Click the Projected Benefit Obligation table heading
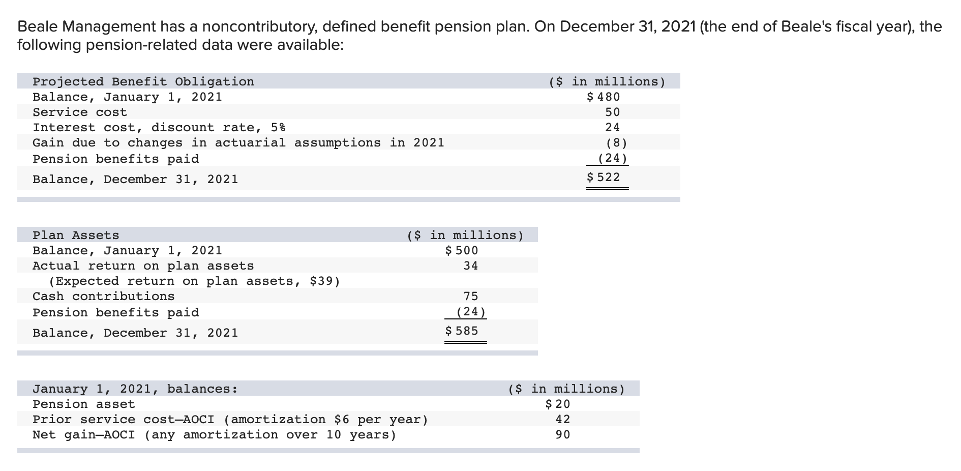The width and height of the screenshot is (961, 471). pyautogui.click(x=143, y=81)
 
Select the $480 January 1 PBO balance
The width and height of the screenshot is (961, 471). pyautogui.click(x=604, y=97)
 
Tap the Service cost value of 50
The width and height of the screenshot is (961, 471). pyautogui.click(x=612, y=112)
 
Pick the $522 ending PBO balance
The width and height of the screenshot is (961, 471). pyautogui.click(x=604, y=177)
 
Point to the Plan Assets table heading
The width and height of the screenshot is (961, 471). pyautogui.click(x=76, y=235)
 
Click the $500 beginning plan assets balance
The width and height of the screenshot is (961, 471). pyautogui.click(x=462, y=250)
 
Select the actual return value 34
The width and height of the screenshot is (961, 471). pyautogui.click(x=470, y=266)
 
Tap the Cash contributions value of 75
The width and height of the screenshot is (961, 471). pyautogui.click(x=470, y=296)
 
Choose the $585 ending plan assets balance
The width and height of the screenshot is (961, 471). pyautogui.click(x=462, y=331)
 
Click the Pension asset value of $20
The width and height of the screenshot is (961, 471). pyautogui.click(x=558, y=404)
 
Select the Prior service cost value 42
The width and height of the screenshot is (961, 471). pyautogui.click(x=562, y=419)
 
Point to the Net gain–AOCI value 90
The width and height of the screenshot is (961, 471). pyautogui.click(x=562, y=434)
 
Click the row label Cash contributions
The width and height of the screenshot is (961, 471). pyautogui.click(x=103, y=296)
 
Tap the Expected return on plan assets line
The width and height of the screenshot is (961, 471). pyautogui.click(x=194, y=281)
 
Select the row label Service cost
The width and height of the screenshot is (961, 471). pyautogui.click(x=80, y=112)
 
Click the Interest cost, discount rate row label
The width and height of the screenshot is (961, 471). pyautogui.click(x=159, y=127)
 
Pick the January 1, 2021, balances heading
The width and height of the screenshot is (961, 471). pyautogui.click(x=135, y=389)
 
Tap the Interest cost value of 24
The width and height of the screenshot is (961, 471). pyautogui.click(x=612, y=127)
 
